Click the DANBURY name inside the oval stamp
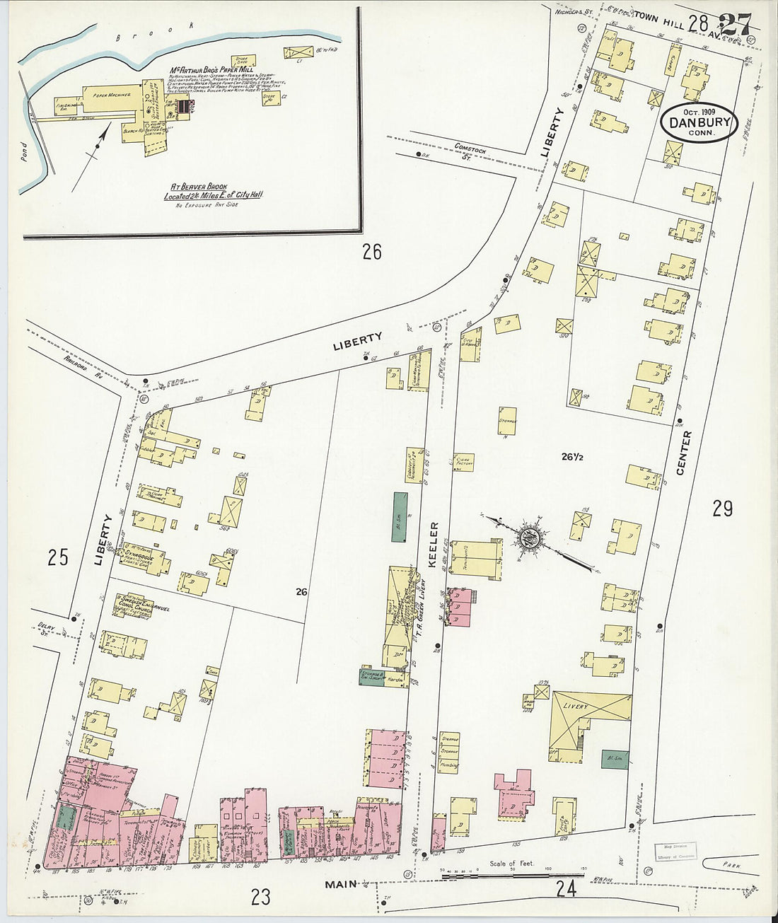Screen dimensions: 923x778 [699, 122]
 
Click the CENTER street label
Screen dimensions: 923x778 [685, 453]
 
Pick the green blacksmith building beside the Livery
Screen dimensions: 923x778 [614, 760]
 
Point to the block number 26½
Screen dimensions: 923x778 [571, 457]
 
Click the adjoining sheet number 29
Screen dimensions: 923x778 [722, 509]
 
